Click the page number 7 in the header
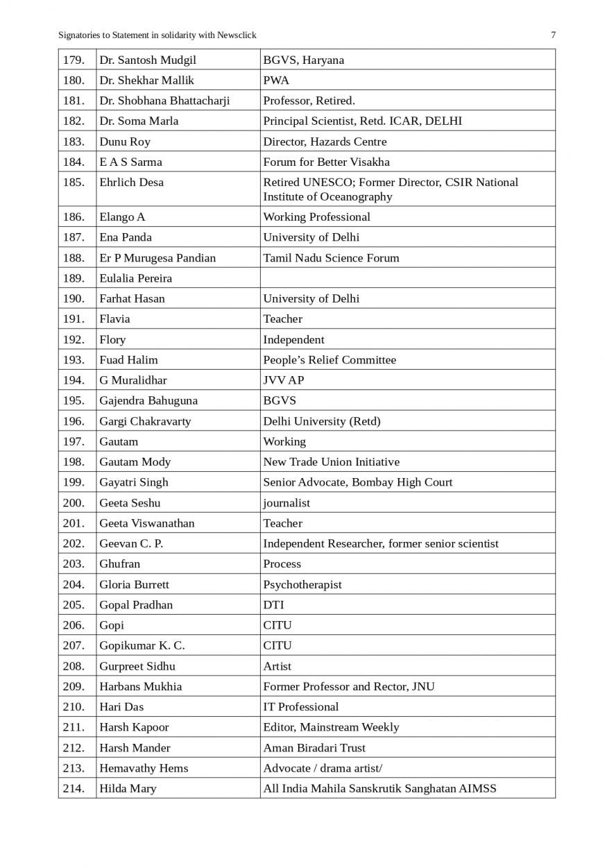pos(553,35)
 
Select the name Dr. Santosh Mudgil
pos(147,60)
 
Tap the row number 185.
pos(74,182)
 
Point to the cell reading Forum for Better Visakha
pos(326,162)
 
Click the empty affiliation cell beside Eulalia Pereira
pos(407,278)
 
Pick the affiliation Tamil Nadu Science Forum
pos(331,257)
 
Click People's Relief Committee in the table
pos(330,359)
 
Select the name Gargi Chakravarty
pos(145,421)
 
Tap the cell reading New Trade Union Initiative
pos(331,461)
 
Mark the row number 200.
pos(74,502)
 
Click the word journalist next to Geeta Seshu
pos(287,502)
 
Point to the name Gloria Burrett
pos(134,584)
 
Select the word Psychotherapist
pos(302,584)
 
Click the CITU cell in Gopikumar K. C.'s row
pos(278,645)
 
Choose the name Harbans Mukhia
pos(140,686)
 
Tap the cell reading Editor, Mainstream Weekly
pos(331,727)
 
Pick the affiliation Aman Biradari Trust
pos(314,747)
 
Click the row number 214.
pos(74,788)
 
